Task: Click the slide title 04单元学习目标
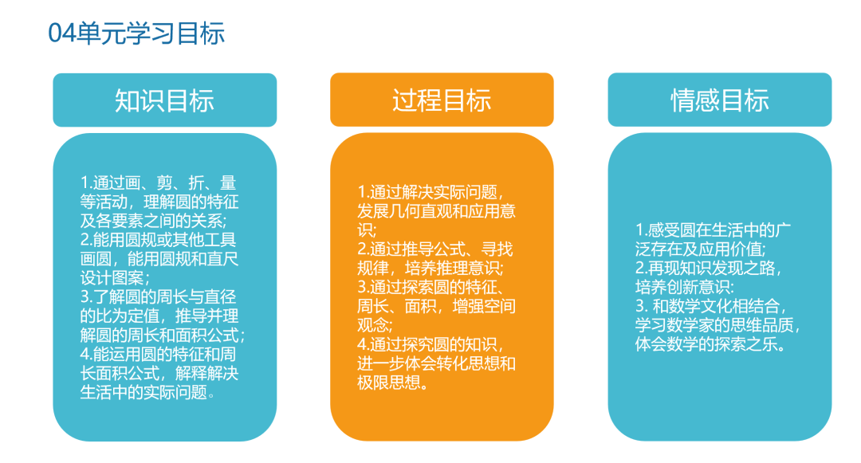point(136,33)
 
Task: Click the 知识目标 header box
point(165,100)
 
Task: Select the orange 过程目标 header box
point(442,100)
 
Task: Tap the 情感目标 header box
point(720,100)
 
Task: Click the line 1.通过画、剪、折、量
point(158,182)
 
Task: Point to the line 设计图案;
point(115,277)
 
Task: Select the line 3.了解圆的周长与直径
point(158,296)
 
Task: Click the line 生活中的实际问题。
point(147,392)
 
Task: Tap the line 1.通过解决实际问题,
point(431,192)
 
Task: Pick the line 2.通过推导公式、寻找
point(435,249)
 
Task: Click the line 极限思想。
point(393,383)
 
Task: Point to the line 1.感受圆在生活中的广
point(714,230)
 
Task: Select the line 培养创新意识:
point(685,287)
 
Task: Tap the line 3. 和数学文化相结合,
point(711,305)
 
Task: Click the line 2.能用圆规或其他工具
point(158,240)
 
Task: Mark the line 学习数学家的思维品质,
point(717,325)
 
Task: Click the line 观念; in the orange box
point(375,325)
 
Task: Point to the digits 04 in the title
point(61,33)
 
